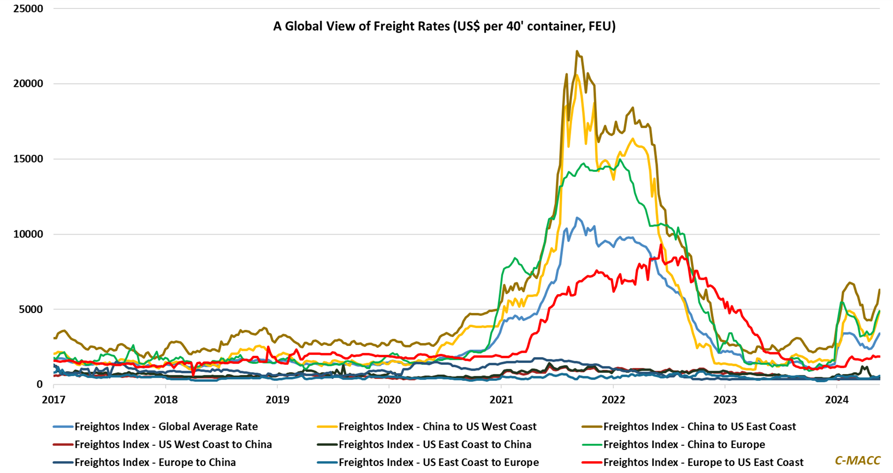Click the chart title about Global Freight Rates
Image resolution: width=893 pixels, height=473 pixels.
444,26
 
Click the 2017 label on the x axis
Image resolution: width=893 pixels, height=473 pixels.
54,400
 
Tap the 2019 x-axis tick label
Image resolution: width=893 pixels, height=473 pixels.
277,400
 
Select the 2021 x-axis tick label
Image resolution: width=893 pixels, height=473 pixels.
501,400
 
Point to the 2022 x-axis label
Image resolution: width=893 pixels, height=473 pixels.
613,400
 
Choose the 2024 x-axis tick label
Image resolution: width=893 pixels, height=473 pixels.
837,400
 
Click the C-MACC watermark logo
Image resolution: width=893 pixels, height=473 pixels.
858,460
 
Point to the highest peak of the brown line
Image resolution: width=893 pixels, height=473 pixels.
577,51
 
